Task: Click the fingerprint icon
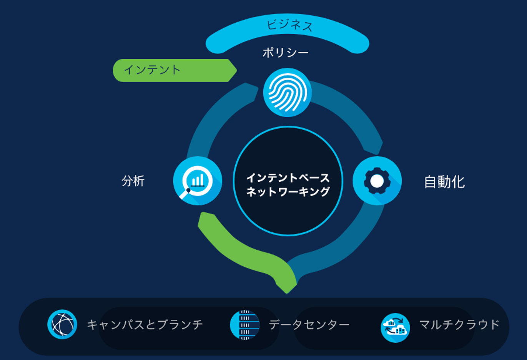pyautogui.click(x=287, y=92)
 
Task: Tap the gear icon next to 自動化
pyautogui.click(x=377, y=181)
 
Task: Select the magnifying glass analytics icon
pyautogui.click(x=198, y=181)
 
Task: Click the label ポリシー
pyautogui.click(x=285, y=52)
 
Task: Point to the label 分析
pyautogui.click(x=133, y=181)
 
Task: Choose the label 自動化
pyautogui.click(x=445, y=182)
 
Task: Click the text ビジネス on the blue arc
pyautogui.click(x=289, y=25)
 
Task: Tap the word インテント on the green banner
pyautogui.click(x=152, y=70)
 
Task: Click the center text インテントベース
pyautogui.click(x=288, y=178)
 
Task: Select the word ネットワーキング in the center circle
pyautogui.click(x=288, y=192)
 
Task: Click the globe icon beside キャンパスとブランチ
pyautogui.click(x=62, y=324)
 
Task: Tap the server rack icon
pyautogui.click(x=245, y=325)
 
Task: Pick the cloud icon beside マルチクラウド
pyautogui.click(x=395, y=328)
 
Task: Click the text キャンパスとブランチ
pyautogui.click(x=145, y=325)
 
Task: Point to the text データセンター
pyautogui.click(x=309, y=325)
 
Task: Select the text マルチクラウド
pyautogui.click(x=459, y=325)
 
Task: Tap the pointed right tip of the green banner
pyautogui.click(x=237, y=70)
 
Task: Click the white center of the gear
pyautogui.click(x=377, y=181)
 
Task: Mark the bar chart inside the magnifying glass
pyautogui.click(x=198, y=180)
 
